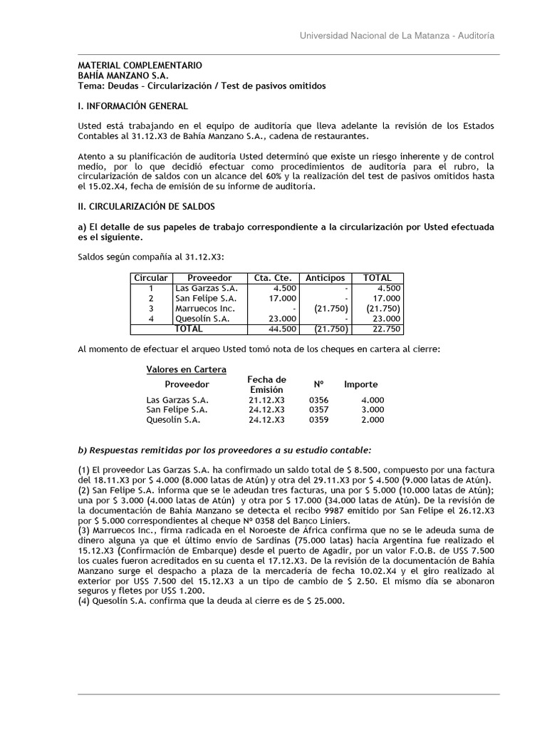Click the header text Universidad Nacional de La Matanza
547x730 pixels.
[x=371, y=36]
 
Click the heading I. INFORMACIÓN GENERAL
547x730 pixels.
[x=132, y=106]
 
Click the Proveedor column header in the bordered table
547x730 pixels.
[x=209, y=277]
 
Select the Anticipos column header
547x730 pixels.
[x=325, y=277]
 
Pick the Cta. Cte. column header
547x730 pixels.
[x=270, y=277]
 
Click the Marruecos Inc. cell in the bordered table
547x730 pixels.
[x=204, y=309]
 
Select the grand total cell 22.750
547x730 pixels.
[x=388, y=329]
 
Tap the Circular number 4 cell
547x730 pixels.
[x=151, y=319]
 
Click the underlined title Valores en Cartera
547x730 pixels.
[x=186, y=369]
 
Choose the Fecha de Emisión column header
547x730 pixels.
[x=266, y=385]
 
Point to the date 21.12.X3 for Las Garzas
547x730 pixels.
[x=266, y=400]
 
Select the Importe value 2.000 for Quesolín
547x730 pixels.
[x=372, y=420]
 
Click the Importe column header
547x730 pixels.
[x=361, y=384]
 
